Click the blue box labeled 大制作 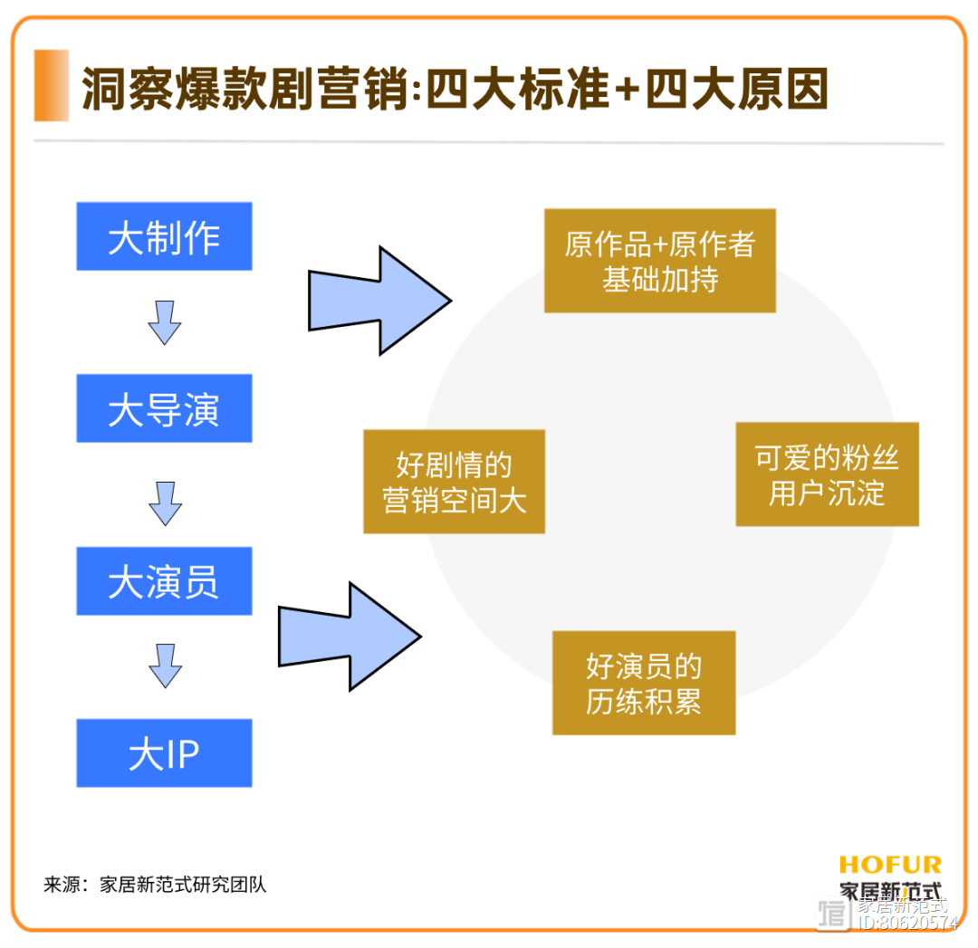(x=164, y=236)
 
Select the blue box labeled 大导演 (x=164, y=408)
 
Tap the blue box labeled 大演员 (x=164, y=581)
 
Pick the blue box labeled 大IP (x=164, y=753)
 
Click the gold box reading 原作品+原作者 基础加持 (x=660, y=261)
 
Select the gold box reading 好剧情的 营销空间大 (x=454, y=482)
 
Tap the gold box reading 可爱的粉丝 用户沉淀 (x=827, y=474)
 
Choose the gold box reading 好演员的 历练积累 (x=644, y=683)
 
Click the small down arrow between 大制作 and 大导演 (x=165, y=323)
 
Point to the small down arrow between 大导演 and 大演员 (x=166, y=504)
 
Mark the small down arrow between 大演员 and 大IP (x=166, y=666)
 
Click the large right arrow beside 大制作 (x=379, y=301)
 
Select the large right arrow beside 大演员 (x=350, y=637)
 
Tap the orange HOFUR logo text (x=890, y=865)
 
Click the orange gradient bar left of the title (x=51, y=85)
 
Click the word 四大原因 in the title (x=736, y=89)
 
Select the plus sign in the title (x=628, y=90)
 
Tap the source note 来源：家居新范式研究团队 (x=155, y=885)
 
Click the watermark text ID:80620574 (x=907, y=923)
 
